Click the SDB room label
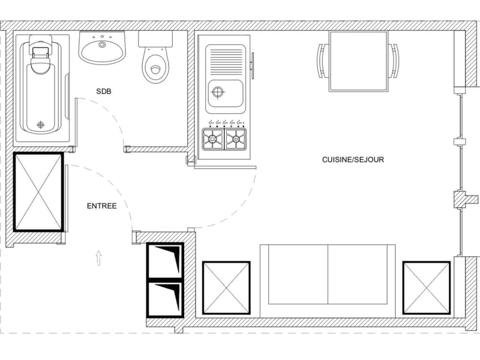pos(103,91)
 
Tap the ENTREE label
pos(101,206)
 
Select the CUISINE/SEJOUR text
pos(353,160)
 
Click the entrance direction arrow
pos(98,258)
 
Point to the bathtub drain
pos(40,125)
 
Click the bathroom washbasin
pos(102,47)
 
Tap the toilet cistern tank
pos(155,39)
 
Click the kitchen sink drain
pos(218,92)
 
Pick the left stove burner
pos(213,139)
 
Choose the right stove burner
pos(236,139)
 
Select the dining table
pos(358,61)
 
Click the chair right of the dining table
pos(394,61)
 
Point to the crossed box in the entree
pos(38,192)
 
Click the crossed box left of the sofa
pos(226,288)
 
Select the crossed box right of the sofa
pos(427,288)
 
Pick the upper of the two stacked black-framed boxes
pos(166,260)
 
